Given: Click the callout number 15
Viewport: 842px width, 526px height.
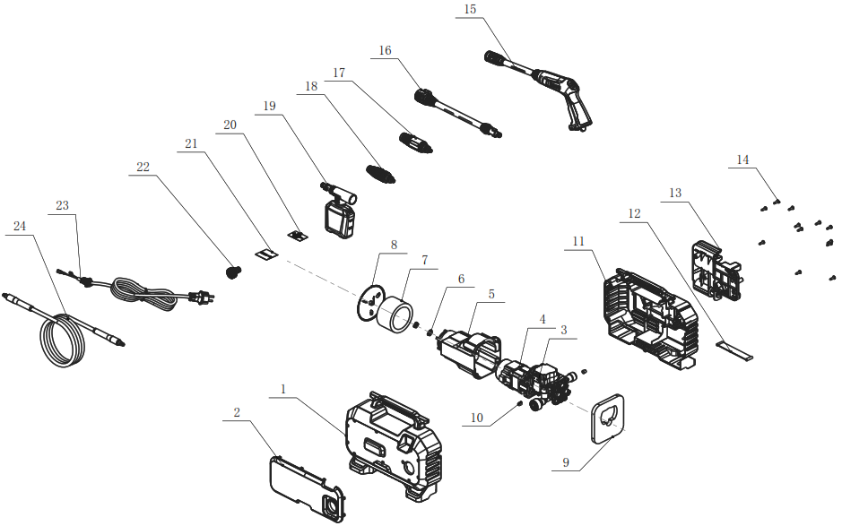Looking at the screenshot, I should point(470,10).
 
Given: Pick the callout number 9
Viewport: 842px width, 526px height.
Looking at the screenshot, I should point(565,463).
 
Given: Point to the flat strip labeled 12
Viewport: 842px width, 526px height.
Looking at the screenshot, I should point(734,347).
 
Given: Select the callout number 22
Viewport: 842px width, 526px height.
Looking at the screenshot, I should point(143,167).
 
